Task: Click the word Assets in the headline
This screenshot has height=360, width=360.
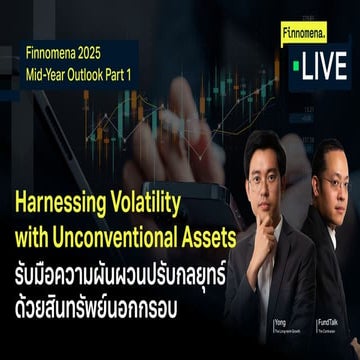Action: click(206, 235)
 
